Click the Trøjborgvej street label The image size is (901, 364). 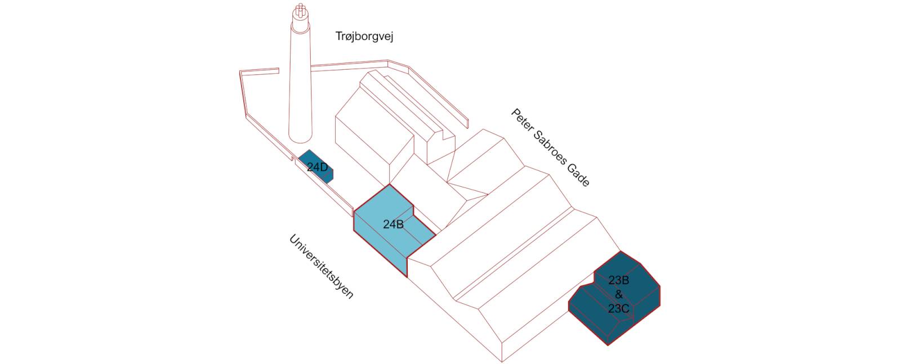point(364,37)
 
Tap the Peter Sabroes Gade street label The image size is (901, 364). point(550,147)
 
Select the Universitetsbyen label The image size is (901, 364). point(322,267)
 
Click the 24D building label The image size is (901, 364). point(318,167)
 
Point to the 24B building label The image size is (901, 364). point(393,224)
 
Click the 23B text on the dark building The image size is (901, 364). point(618,280)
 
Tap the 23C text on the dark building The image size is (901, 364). point(618,308)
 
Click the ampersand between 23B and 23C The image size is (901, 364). point(619,294)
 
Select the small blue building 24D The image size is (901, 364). point(315,167)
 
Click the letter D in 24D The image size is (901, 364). point(324,167)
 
